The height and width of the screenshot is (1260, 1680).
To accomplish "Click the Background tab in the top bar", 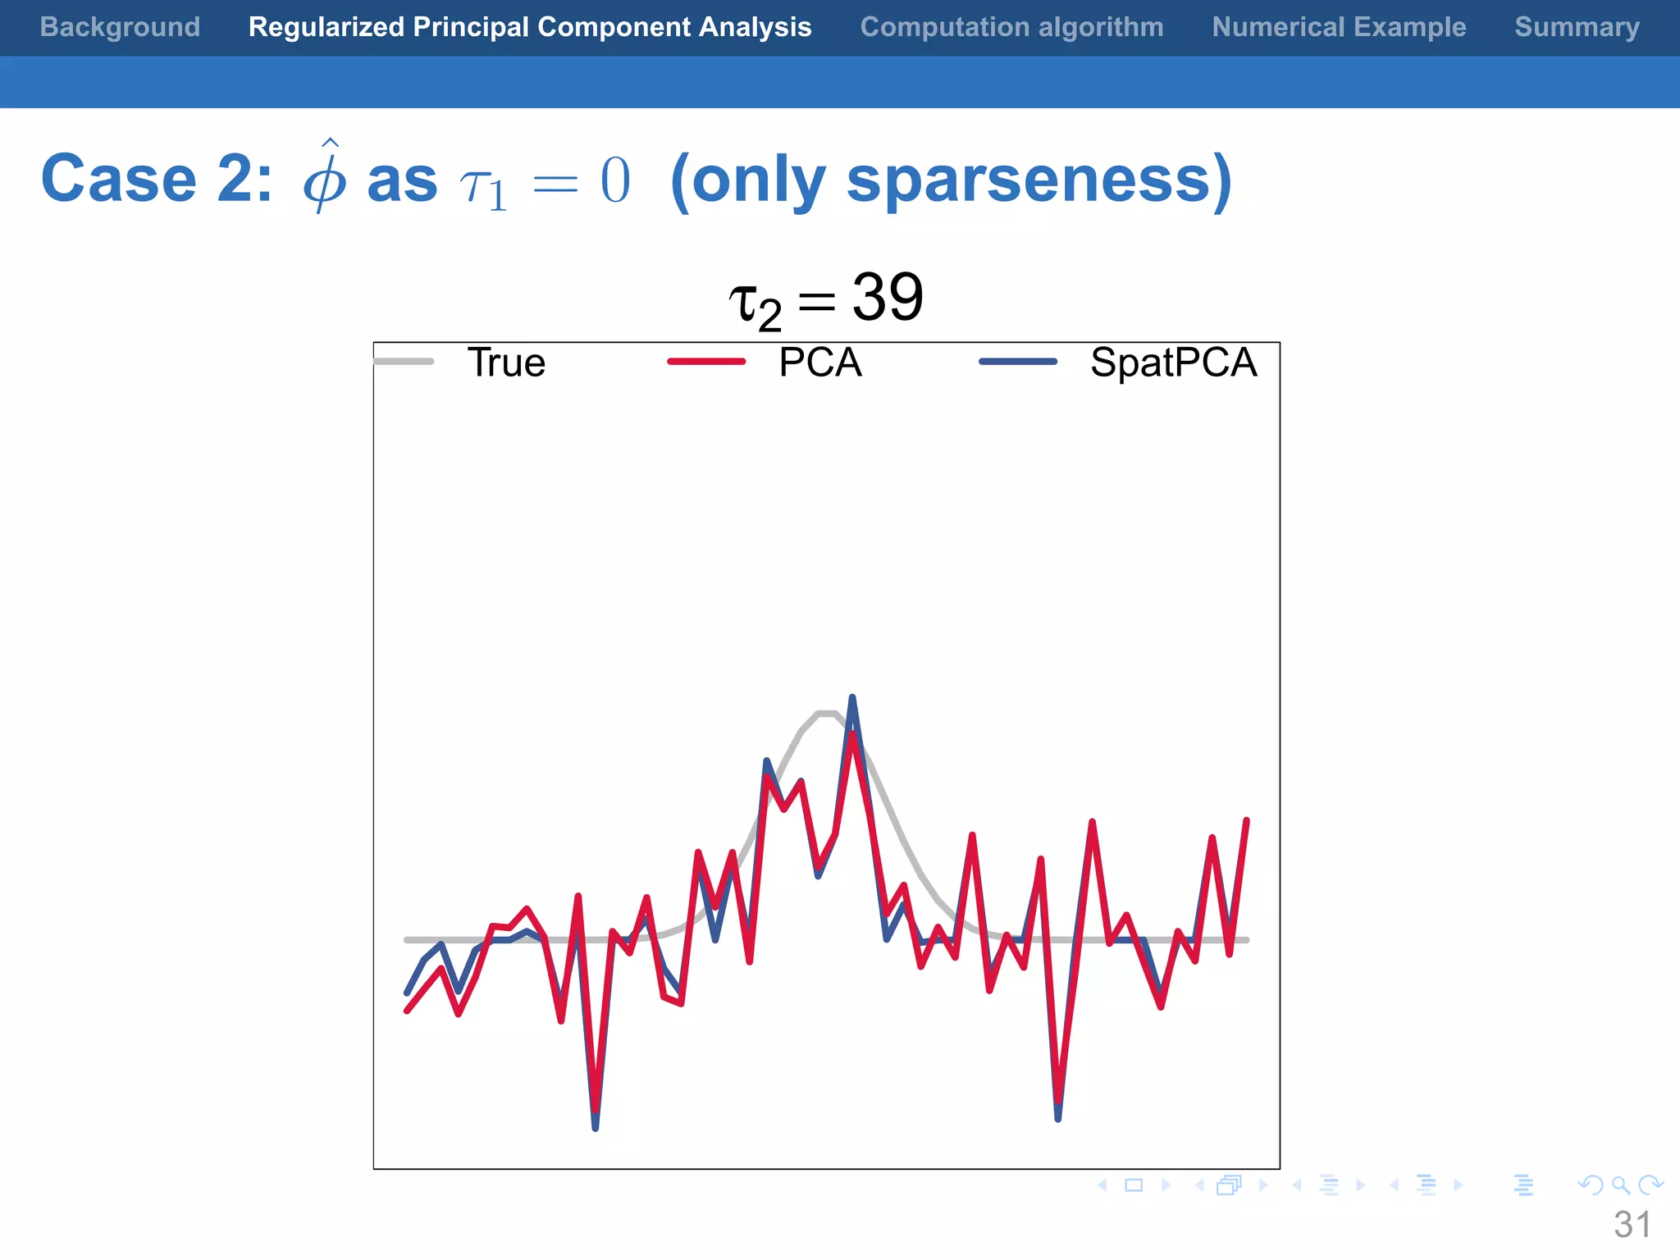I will coord(120,27).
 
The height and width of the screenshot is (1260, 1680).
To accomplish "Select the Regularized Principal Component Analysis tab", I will coord(530,27).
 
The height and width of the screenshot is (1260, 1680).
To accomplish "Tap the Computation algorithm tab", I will coord(1011,27).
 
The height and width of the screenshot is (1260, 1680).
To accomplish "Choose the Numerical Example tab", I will coord(1339,27).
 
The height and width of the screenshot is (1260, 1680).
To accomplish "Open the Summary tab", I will coord(1577,27).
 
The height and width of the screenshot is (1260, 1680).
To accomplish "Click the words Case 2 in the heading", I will coord(156,179).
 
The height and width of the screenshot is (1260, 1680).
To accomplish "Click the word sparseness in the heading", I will coord(1028,179).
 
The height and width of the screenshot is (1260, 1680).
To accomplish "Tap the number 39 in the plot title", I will coord(888,297).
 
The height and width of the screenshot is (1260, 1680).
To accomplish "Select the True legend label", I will coord(506,363).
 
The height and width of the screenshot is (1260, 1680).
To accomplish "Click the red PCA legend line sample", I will coord(706,362).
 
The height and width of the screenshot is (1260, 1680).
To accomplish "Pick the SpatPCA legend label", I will coord(1173,363).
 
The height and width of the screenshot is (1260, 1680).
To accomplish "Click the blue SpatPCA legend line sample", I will coord(1018,362).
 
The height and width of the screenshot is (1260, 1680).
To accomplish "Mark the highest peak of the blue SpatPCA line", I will coord(852,699).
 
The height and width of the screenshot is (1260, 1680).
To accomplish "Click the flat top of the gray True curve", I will coord(826,713).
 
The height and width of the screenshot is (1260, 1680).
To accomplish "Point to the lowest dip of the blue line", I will coord(596,1127).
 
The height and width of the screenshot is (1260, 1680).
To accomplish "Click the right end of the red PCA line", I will coord(1246,821).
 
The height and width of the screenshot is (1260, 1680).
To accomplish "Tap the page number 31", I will coord(1632,1225).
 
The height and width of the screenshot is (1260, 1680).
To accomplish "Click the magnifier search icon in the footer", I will coord(1620,1185).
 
